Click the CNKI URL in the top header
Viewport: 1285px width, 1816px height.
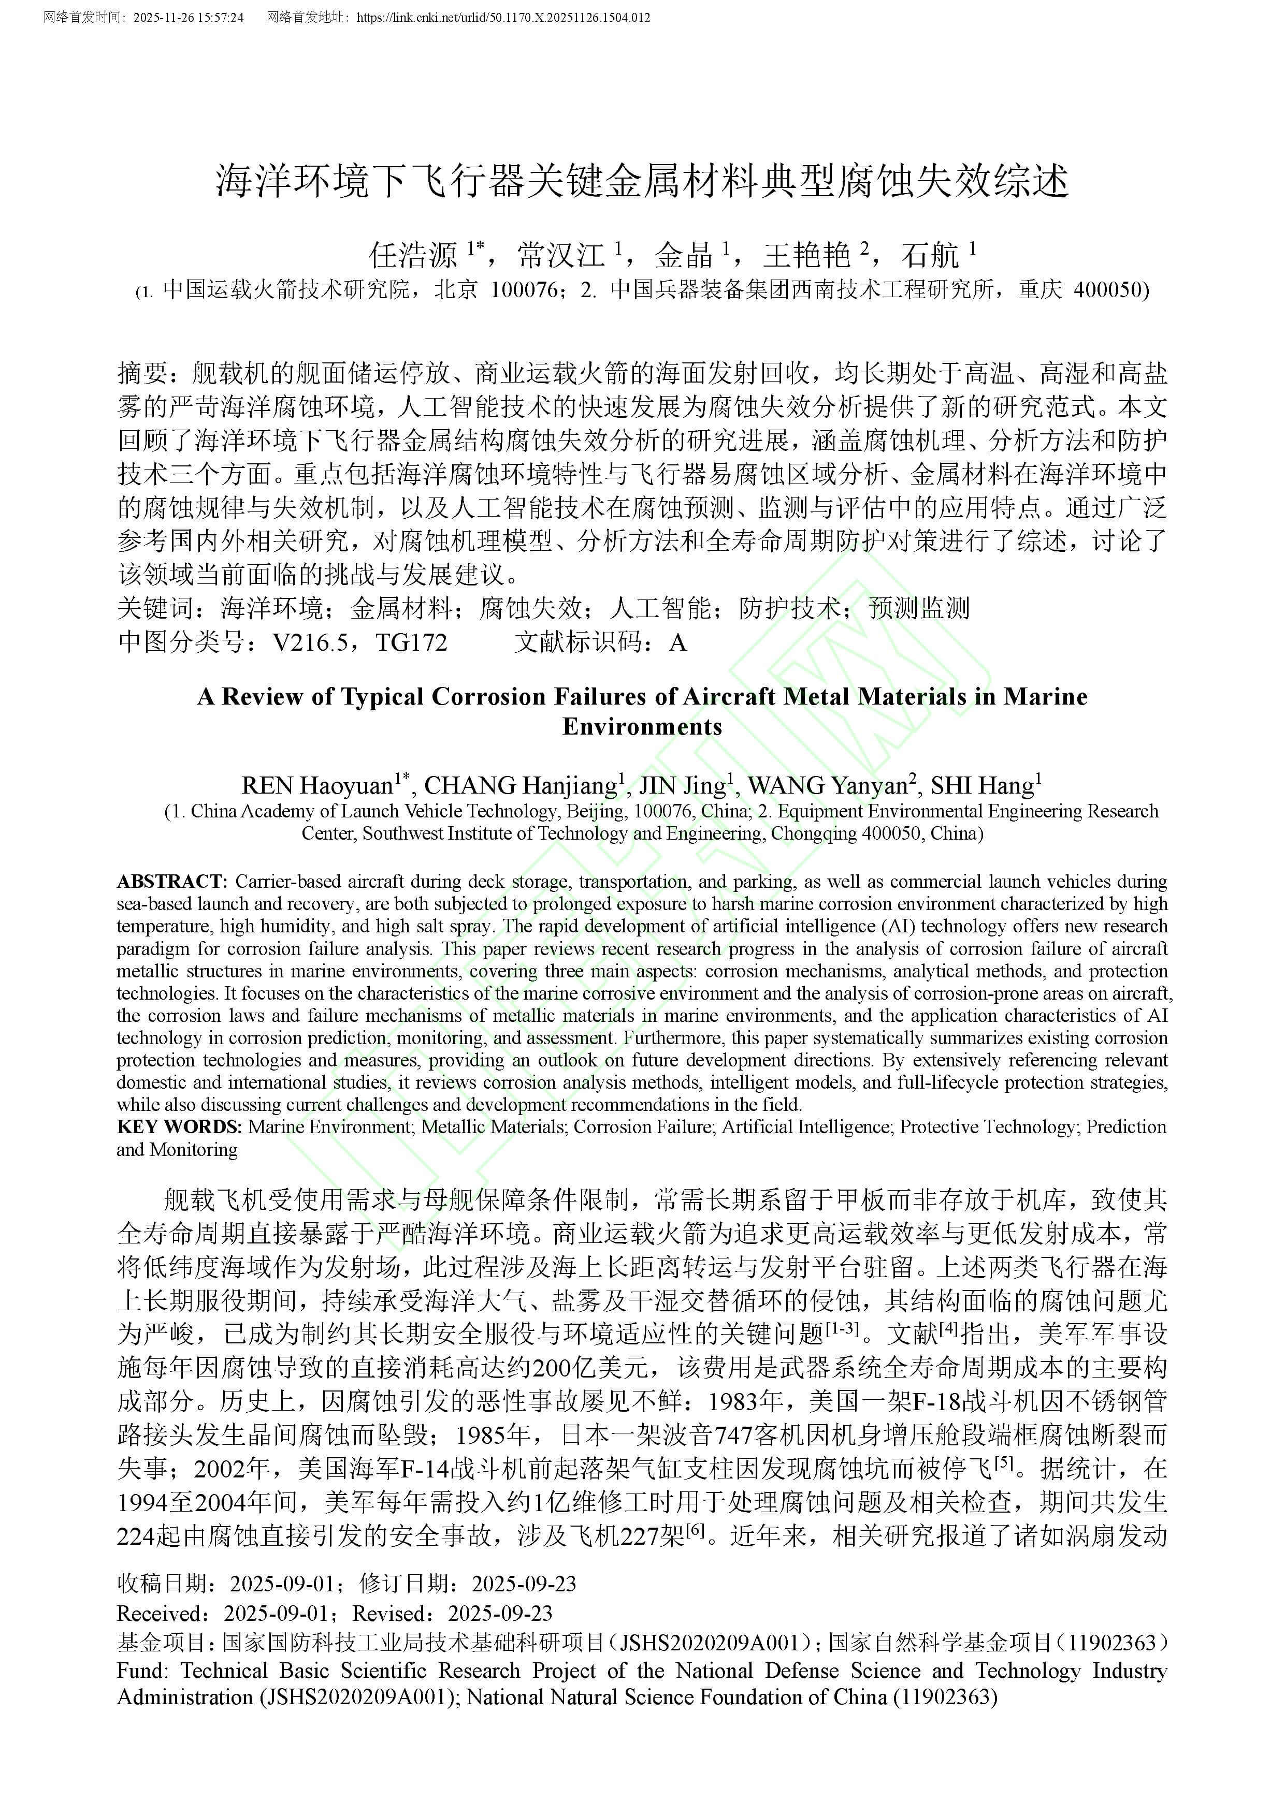point(503,17)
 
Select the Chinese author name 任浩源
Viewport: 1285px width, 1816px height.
point(413,255)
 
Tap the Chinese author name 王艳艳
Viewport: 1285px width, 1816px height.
point(806,255)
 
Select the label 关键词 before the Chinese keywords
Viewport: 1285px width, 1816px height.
point(155,608)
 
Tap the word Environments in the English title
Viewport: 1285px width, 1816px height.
point(642,727)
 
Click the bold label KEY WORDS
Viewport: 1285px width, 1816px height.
point(179,1126)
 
